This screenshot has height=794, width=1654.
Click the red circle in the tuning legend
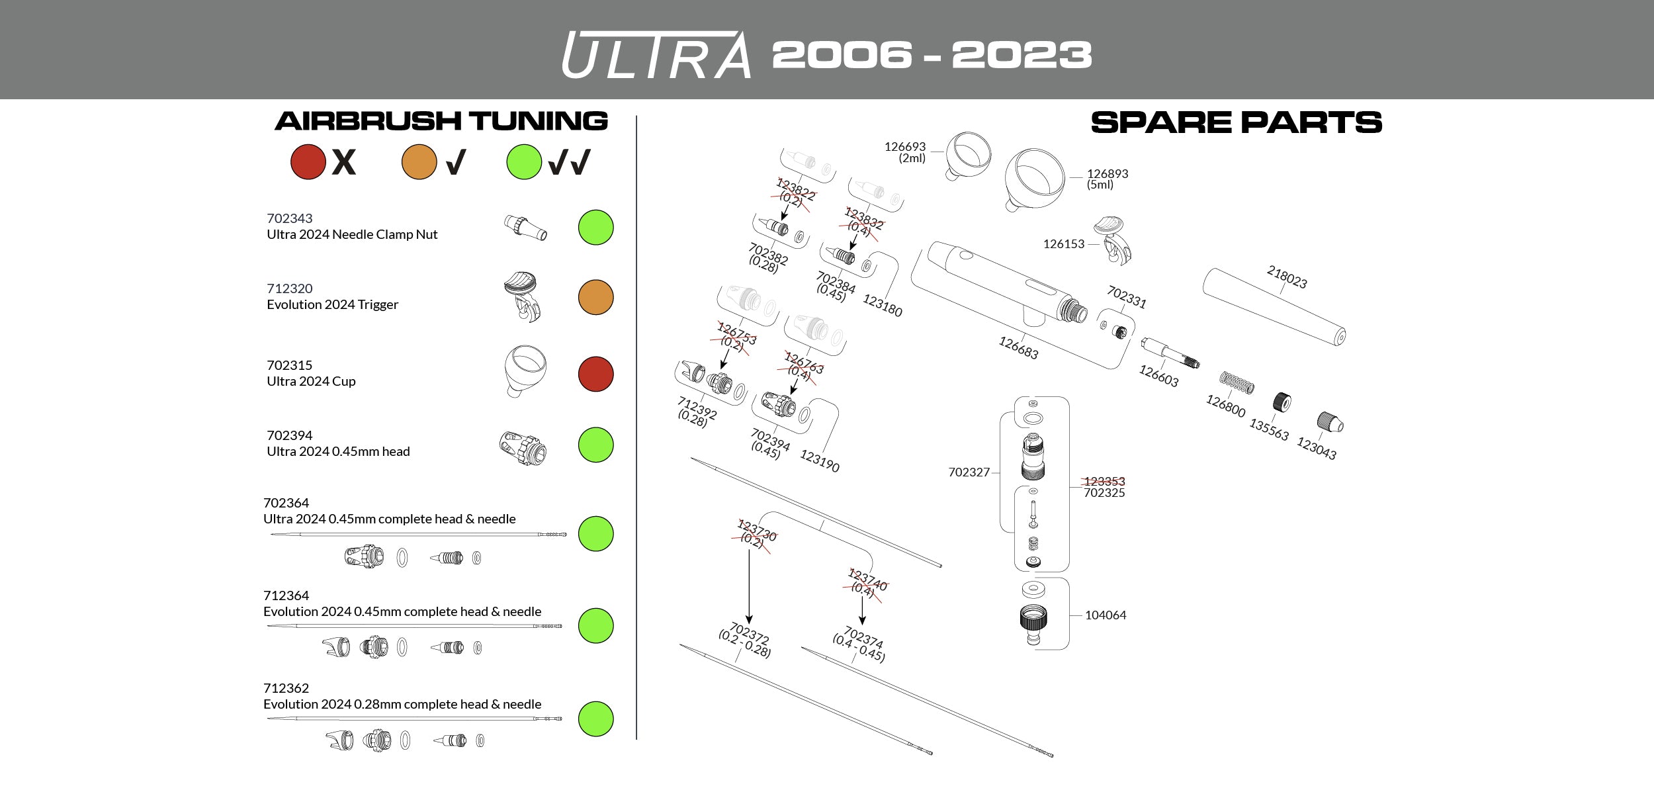pyautogui.click(x=308, y=162)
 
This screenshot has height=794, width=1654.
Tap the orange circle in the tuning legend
pyautogui.click(x=419, y=162)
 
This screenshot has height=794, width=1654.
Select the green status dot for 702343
pyautogui.click(x=595, y=228)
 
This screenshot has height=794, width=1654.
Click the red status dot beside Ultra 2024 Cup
pyautogui.click(x=595, y=374)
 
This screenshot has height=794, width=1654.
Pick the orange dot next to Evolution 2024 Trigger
pyautogui.click(x=595, y=297)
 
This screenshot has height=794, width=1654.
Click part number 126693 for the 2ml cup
pyautogui.click(x=905, y=147)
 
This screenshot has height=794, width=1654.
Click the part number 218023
pyautogui.click(x=1287, y=277)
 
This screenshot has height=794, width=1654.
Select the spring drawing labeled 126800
pyautogui.click(x=1237, y=382)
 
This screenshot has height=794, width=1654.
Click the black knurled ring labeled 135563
pyautogui.click(x=1282, y=402)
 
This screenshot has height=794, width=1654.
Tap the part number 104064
pyautogui.click(x=1106, y=615)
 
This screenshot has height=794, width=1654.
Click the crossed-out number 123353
pyautogui.click(x=1104, y=481)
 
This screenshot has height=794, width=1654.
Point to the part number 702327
pyautogui.click(x=969, y=472)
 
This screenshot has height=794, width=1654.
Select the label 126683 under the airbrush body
pyautogui.click(x=1018, y=348)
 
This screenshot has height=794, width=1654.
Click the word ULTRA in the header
pyautogui.click(x=656, y=56)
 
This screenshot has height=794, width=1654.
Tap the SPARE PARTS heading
pyautogui.click(x=1236, y=123)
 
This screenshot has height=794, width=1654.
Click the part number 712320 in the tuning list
pyautogui.click(x=290, y=288)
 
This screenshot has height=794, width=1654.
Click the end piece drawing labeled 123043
pyautogui.click(x=1330, y=422)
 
